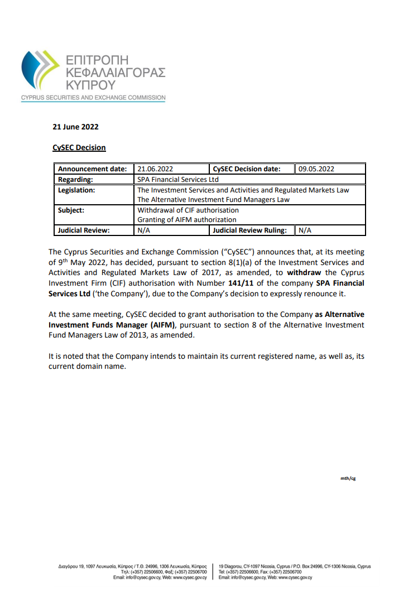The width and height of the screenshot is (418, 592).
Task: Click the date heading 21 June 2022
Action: click(75, 127)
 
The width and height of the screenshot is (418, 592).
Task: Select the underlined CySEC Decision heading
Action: click(79, 148)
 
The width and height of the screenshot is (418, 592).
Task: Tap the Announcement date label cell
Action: click(93, 169)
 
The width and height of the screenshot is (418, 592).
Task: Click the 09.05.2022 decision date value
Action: click(317, 169)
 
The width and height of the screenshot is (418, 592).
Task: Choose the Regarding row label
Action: click(75, 180)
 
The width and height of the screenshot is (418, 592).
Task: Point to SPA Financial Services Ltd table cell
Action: click(178, 180)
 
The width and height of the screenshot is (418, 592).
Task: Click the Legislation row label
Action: click(77, 190)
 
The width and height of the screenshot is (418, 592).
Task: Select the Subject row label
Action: click(71, 210)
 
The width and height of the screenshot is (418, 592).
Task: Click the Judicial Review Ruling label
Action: click(250, 230)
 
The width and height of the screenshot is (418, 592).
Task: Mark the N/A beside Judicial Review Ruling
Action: click(305, 230)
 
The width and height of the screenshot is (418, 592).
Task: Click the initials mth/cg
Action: click(348, 478)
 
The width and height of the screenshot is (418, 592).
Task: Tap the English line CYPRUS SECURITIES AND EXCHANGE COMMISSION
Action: click(93, 98)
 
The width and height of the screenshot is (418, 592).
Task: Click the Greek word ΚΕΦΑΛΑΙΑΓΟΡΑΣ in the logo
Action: click(115, 72)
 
